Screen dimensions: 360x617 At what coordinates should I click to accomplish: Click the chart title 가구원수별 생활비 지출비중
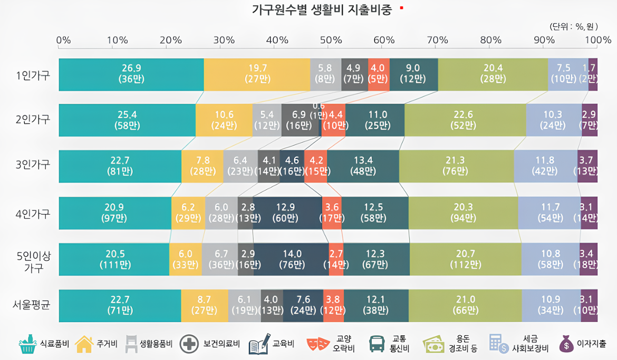(322, 11)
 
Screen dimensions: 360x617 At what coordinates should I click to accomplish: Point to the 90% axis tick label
(544, 40)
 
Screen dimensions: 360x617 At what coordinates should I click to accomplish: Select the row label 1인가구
(33, 75)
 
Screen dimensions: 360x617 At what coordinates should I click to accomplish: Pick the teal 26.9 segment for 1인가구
(131, 74)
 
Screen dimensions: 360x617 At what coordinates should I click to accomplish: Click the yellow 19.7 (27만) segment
(257, 74)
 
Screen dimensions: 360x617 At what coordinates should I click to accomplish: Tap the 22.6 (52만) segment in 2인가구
(465, 120)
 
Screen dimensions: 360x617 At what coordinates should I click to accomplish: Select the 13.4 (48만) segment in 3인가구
(363, 167)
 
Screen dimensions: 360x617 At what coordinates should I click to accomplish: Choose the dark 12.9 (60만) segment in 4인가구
(288, 212)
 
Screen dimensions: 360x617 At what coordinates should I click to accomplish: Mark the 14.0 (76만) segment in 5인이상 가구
(291, 259)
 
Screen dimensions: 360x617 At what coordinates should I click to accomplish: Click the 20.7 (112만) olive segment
(465, 259)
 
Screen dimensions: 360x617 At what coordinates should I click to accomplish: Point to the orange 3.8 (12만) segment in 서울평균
(333, 305)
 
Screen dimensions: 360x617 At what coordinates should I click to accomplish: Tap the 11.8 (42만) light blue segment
(545, 167)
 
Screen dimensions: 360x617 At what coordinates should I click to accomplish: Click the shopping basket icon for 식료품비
(28, 344)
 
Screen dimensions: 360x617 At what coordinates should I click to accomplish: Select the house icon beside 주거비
(84, 344)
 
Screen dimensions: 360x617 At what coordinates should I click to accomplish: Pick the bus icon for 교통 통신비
(377, 344)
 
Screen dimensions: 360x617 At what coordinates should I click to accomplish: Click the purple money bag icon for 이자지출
(566, 344)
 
